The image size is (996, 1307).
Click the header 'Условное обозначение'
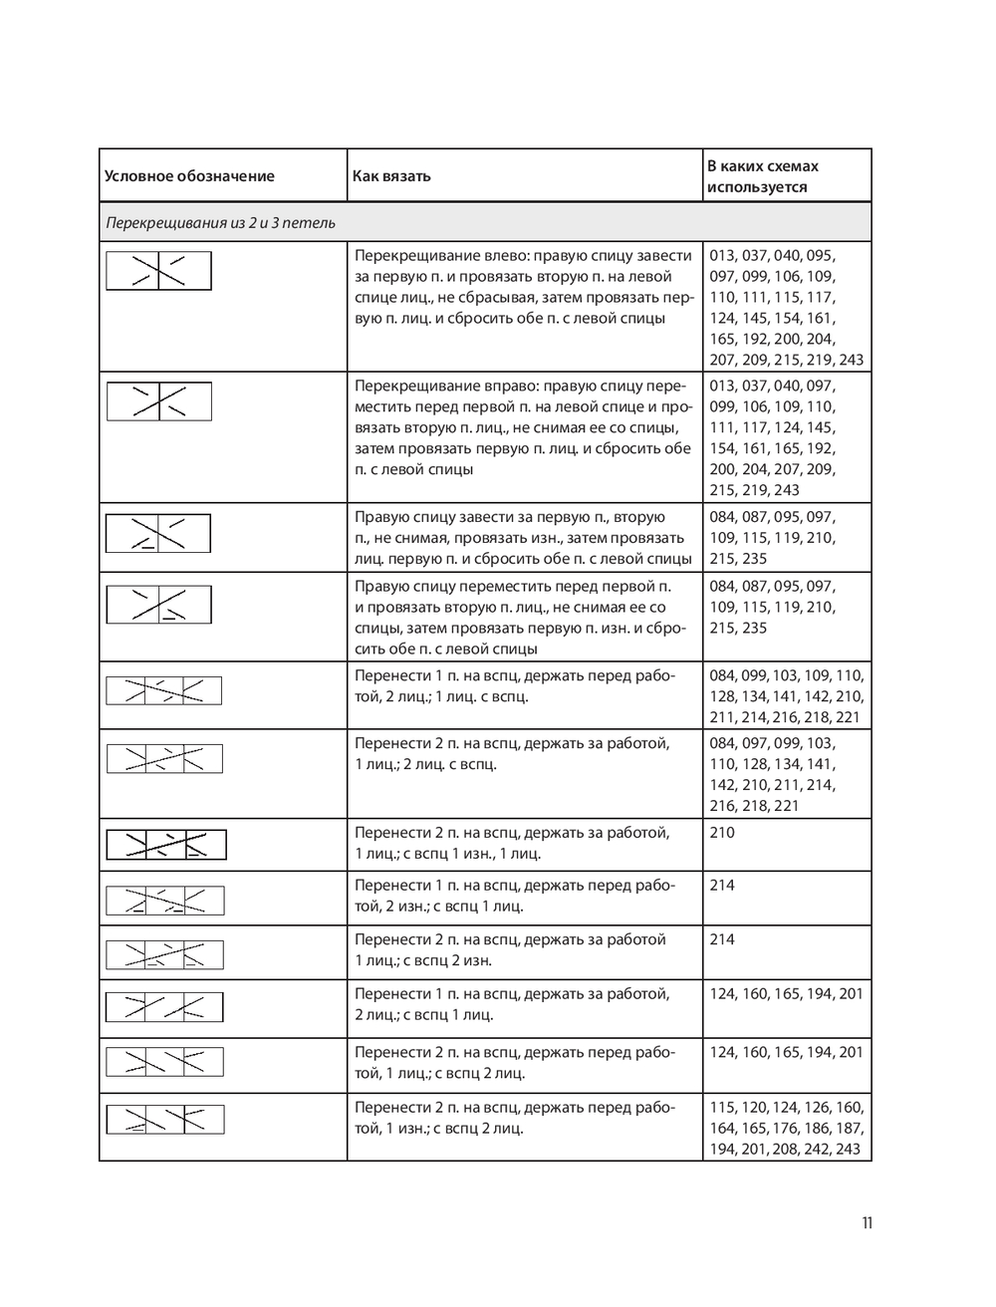point(189,176)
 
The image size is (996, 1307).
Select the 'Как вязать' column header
point(391,176)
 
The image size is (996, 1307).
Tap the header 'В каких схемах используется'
point(763,176)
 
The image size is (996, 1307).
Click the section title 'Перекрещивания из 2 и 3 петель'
point(220,223)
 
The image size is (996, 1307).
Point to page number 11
point(868,1223)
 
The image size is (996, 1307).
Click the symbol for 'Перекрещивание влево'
point(159,271)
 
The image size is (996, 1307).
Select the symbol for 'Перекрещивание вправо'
point(159,401)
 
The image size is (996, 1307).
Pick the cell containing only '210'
point(722,833)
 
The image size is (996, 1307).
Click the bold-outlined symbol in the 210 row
point(166,845)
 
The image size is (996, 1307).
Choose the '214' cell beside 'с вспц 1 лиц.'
point(722,886)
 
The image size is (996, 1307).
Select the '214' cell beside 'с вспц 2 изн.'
point(722,939)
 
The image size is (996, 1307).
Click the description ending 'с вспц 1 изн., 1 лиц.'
point(512,843)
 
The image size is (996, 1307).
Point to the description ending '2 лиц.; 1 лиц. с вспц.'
point(515,685)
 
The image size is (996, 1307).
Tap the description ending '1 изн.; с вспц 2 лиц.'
point(515,1118)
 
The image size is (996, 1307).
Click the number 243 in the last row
point(848,1149)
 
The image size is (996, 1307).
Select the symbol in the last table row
point(165,1119)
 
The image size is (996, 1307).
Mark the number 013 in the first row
point(723,256)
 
